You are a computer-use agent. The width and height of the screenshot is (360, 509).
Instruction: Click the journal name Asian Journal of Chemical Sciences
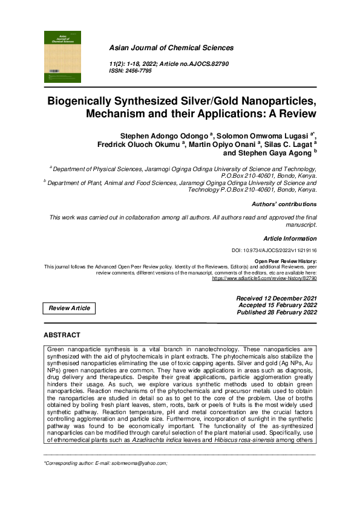click(x=171, y=48)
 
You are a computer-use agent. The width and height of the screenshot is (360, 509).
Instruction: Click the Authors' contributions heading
click(x=284, y=204)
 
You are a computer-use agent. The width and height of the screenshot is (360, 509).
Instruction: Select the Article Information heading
click(x=290, y=238)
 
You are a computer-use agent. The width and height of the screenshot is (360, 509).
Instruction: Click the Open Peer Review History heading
click(x=286, y=261)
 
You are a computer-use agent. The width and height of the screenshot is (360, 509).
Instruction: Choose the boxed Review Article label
click(x=70, y=308)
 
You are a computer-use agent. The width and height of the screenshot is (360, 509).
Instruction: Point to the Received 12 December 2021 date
click(x=276, y=299)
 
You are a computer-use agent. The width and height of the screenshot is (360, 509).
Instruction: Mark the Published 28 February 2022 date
click(x=276, y=313)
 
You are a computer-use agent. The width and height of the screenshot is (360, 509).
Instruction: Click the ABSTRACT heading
click(x=62, y=335)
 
